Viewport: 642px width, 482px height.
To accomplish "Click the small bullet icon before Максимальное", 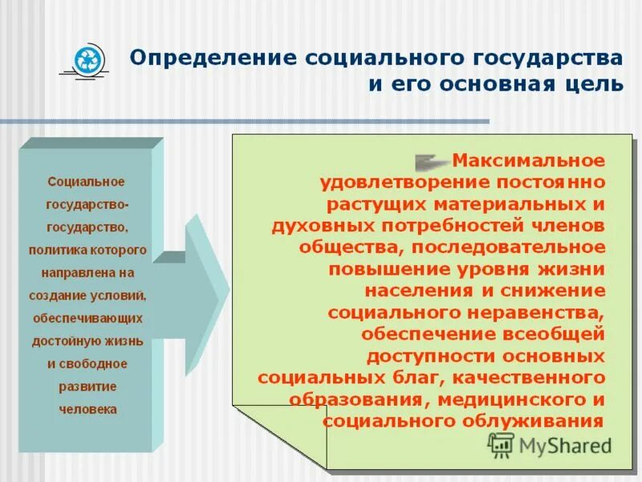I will pos(432,160).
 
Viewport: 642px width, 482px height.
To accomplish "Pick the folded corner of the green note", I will pos(281,437).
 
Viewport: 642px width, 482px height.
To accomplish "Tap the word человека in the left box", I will pos(87,409).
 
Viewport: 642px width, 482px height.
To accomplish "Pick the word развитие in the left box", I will pos(87,386).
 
